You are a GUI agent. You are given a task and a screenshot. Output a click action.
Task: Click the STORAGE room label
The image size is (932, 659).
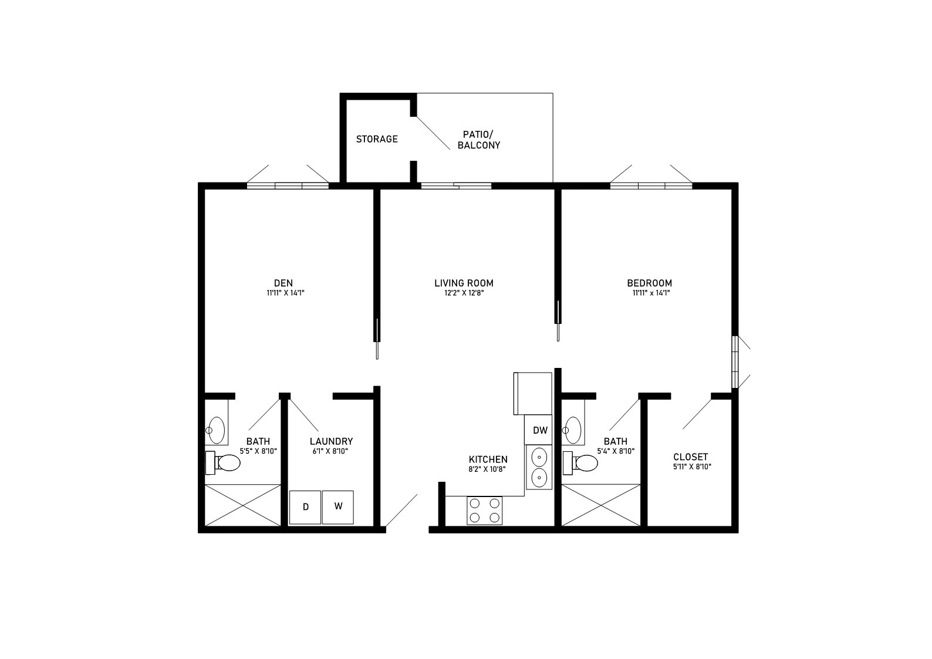click(377, 139)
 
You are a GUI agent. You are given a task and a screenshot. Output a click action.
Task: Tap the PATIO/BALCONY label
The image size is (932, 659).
click(478, 140)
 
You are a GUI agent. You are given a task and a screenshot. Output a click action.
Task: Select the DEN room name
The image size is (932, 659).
click(283, 283)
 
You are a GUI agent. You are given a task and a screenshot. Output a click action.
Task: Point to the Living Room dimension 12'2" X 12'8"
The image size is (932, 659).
click(464, 293)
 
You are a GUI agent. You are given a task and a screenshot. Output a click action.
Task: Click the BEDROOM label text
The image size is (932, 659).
click(650, 283)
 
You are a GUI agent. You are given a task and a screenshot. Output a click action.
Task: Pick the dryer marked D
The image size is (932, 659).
click(305, 508)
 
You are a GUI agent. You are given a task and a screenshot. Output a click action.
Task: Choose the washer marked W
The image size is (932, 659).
click(338, 508)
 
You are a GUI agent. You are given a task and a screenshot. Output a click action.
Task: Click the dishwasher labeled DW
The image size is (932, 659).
click(538, 430)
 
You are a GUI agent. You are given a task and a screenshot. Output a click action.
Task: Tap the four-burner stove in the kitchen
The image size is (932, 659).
click(484, 511)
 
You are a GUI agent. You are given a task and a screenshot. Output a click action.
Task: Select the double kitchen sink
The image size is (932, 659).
click(539, 467)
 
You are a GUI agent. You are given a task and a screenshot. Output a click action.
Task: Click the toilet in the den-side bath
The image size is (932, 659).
click(223, 462)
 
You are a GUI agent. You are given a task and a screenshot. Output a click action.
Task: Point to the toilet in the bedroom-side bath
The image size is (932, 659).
click(580, 462)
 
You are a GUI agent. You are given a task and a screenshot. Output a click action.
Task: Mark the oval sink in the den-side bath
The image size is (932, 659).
click(217, 430)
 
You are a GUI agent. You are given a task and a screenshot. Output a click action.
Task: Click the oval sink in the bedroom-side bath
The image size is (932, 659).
click(573, 430)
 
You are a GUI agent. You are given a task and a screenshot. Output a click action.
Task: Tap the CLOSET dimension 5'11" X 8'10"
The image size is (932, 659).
click(693, 467)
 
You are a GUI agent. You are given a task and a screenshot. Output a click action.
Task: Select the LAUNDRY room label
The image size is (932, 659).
click(331, 441)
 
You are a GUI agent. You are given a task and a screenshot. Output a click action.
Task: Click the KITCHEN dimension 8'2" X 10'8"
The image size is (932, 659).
click(488, 469)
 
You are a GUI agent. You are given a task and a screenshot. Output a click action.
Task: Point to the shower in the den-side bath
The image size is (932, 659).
click(242, 505)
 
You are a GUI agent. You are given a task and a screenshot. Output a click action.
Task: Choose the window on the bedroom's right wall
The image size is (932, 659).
click(735, 362)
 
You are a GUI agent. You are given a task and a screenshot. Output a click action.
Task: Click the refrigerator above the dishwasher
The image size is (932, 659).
click(532, 394)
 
